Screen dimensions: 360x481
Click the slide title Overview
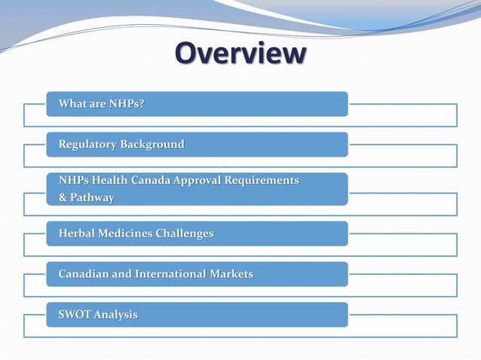coord(240,54)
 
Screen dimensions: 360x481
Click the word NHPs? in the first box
coord(127,104)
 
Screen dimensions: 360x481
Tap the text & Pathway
coord(87,198)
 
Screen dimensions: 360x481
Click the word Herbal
coord(77,233)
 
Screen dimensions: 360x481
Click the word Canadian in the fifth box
coord(84,274)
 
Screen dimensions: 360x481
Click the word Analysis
coord(116,315)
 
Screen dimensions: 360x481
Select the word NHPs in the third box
coord(74,181)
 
